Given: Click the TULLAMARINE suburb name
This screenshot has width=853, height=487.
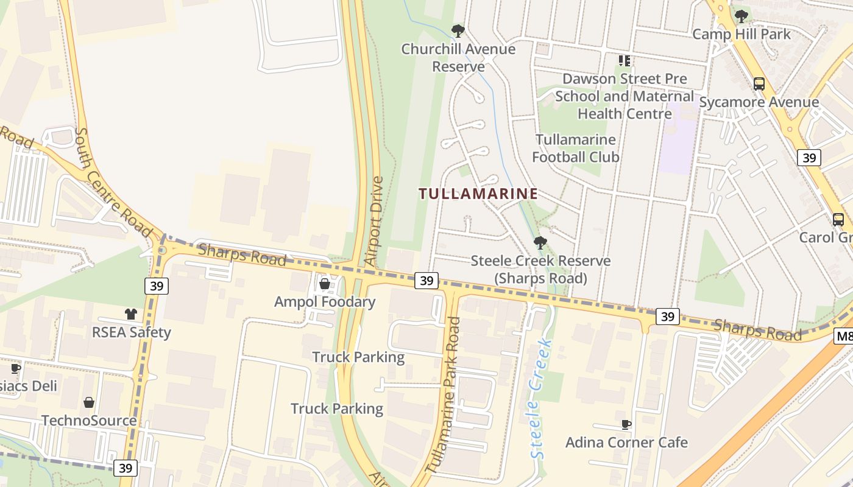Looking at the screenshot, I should click(478, 194).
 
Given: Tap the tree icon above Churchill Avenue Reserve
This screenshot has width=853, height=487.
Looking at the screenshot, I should click(458, 30).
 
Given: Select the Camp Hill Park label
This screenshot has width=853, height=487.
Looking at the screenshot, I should click(741, 34).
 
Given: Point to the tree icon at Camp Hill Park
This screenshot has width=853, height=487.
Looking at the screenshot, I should click(741, 16).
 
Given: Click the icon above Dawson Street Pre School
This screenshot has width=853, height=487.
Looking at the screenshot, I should click(624, 61).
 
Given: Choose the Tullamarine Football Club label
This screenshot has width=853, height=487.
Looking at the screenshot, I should click(576, 149).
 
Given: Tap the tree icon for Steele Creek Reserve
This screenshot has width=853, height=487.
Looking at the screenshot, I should click(540, 243).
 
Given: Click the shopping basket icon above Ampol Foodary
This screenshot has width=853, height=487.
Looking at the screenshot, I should click(325, 284).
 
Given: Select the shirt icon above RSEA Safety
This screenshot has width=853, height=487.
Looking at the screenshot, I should click(131, 314).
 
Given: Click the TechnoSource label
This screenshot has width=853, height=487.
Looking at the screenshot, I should click(89, 421).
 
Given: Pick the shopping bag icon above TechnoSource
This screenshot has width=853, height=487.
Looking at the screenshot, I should click(89, 402).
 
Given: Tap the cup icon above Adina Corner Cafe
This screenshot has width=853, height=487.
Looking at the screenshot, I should click(626, 424).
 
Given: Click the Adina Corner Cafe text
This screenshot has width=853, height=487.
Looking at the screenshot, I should click(626, 443).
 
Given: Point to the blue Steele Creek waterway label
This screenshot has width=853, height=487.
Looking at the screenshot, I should click(540, 399).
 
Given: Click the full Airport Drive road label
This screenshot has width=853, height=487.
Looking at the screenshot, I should click(373, 221).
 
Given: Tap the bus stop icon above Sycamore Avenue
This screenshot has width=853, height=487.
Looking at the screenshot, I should click(759, 84).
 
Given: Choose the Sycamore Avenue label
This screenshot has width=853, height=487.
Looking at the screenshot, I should click(759, 102).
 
